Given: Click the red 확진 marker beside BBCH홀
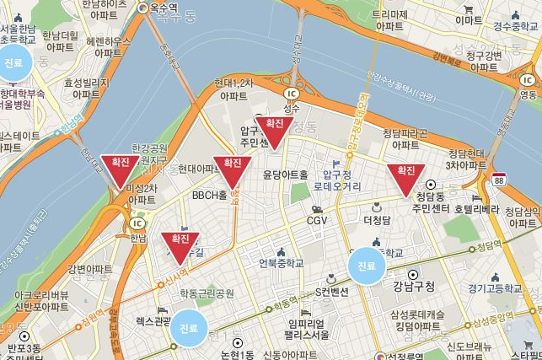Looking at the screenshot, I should coord(232,169).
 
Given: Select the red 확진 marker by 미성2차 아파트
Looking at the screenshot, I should coord(120,168).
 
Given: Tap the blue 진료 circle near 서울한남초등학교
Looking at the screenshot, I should coord(14,63).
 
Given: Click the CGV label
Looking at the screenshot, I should coord(317,220).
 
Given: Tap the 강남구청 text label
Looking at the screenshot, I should coord(413,287).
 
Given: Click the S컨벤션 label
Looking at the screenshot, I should coord(332,292).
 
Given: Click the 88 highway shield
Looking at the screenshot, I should coord(501,180).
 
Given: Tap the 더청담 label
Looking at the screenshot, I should coord(377,220).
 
